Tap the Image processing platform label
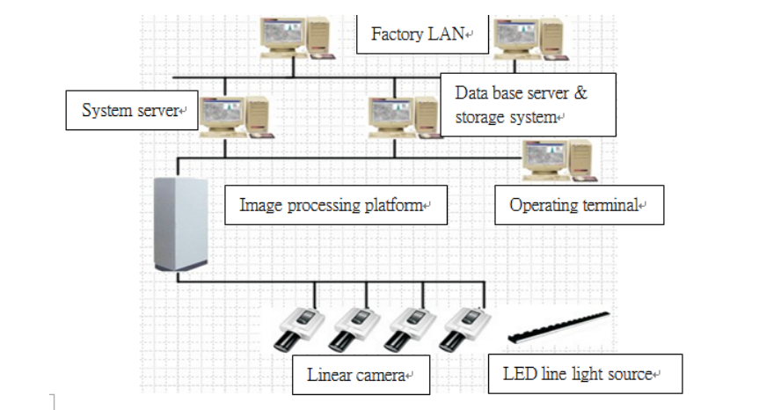[x=335, y=207]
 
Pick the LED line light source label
[x=581, y=374]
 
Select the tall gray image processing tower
[x=179, y=226]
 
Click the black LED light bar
[x=558, y=328]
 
